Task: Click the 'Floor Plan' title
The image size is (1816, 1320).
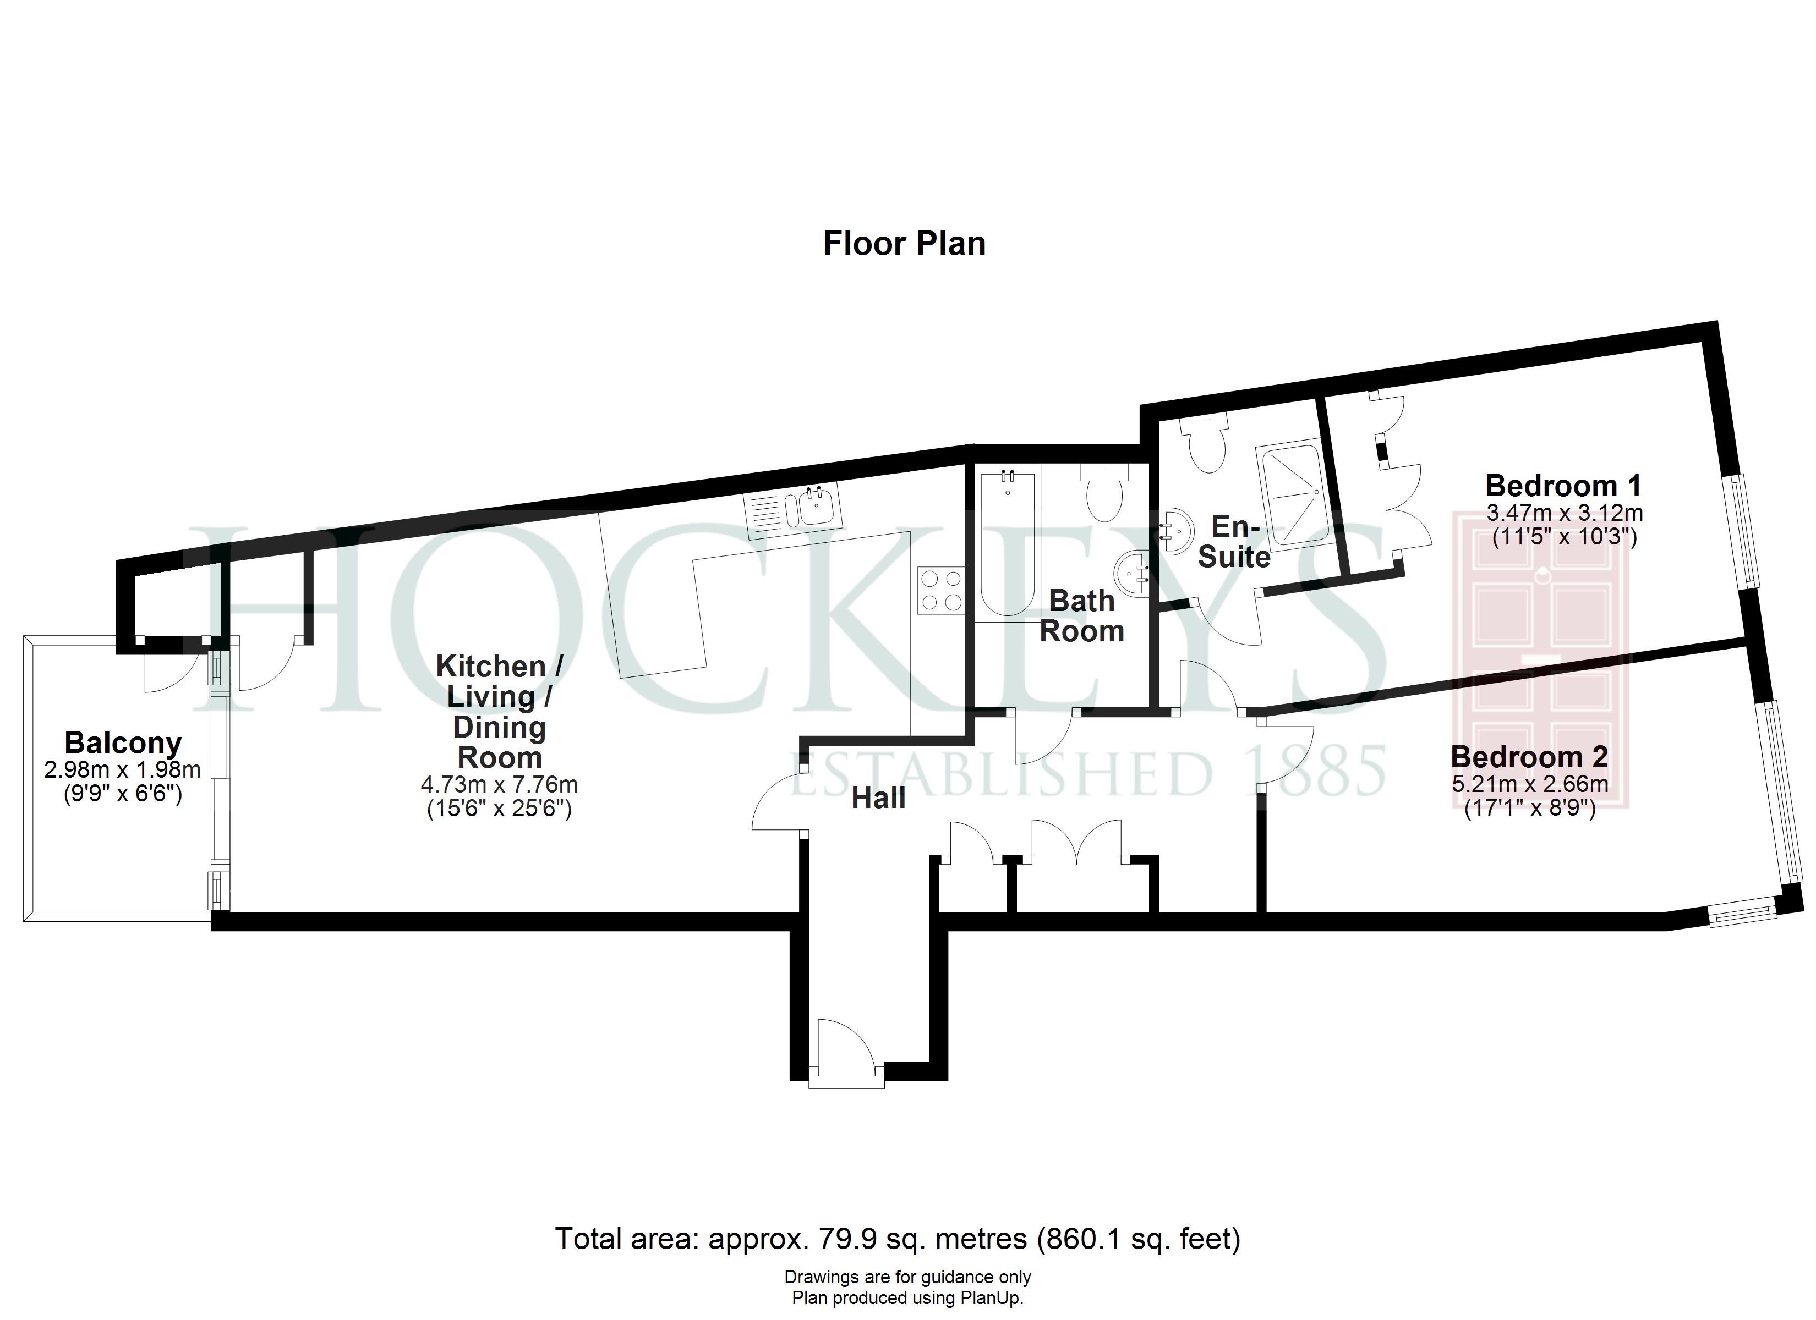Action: click(x=904, y=243)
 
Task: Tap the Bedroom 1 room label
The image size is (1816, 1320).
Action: click(x=1563, y=485)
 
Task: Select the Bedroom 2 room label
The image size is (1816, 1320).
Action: click(x=1529, y=756)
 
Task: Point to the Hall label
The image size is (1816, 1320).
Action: click(x=878, y=798)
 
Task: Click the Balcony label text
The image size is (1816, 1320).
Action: click(x=123, y=743)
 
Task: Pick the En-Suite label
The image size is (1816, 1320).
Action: click(x=1234, y=541)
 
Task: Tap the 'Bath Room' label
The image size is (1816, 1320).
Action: click(x=1082, y=615)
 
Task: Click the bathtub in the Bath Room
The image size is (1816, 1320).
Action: click(x=1007, y=543)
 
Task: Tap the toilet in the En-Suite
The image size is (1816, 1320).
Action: click(x=1205, y=443)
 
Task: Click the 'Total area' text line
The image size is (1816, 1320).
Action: click(x=898, y=1239)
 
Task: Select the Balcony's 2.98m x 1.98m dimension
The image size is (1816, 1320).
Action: click(x=123, y=769)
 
